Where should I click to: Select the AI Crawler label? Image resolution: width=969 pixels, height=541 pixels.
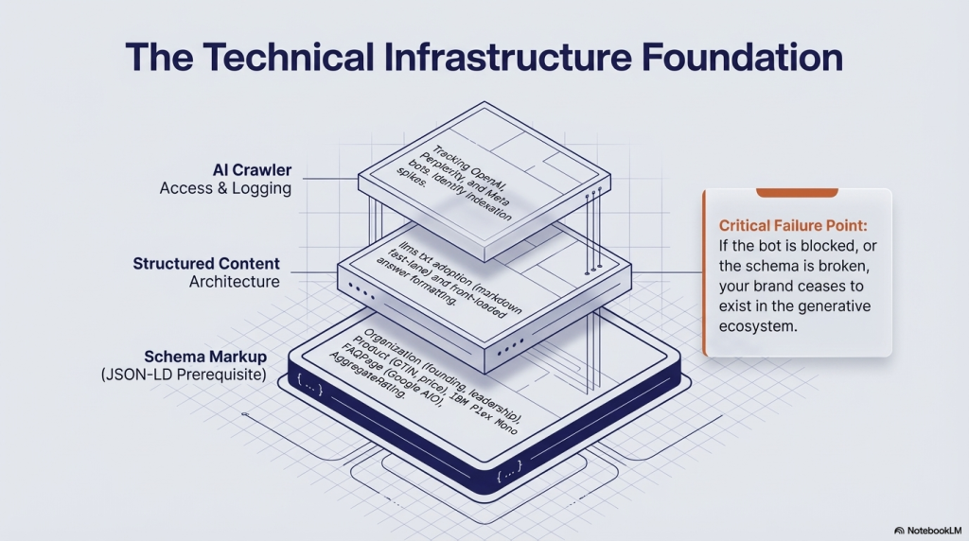253,170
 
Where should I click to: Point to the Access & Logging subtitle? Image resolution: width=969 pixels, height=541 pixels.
225,188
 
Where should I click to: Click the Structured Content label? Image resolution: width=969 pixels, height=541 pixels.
206,263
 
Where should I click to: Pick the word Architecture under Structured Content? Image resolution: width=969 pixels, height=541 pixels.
235,281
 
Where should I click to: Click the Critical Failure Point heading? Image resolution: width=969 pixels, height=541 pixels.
792,226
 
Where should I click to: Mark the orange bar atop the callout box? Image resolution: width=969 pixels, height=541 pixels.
798,193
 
